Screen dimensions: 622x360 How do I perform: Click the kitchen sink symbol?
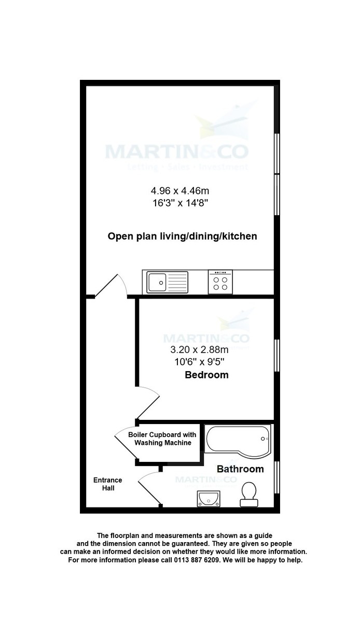[165, 282]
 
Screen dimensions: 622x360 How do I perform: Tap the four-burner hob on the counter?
[220, 282]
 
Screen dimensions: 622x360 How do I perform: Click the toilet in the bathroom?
[248, 494]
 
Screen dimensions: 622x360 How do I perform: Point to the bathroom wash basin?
[209, 499]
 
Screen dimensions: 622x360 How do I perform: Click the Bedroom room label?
[206, 375]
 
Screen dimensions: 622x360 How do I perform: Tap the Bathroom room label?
[240, 469]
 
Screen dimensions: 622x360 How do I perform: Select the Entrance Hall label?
[107, 484]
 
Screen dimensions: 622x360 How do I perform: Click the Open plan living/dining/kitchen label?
[182, 236]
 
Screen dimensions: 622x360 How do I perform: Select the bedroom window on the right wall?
[277, 356]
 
